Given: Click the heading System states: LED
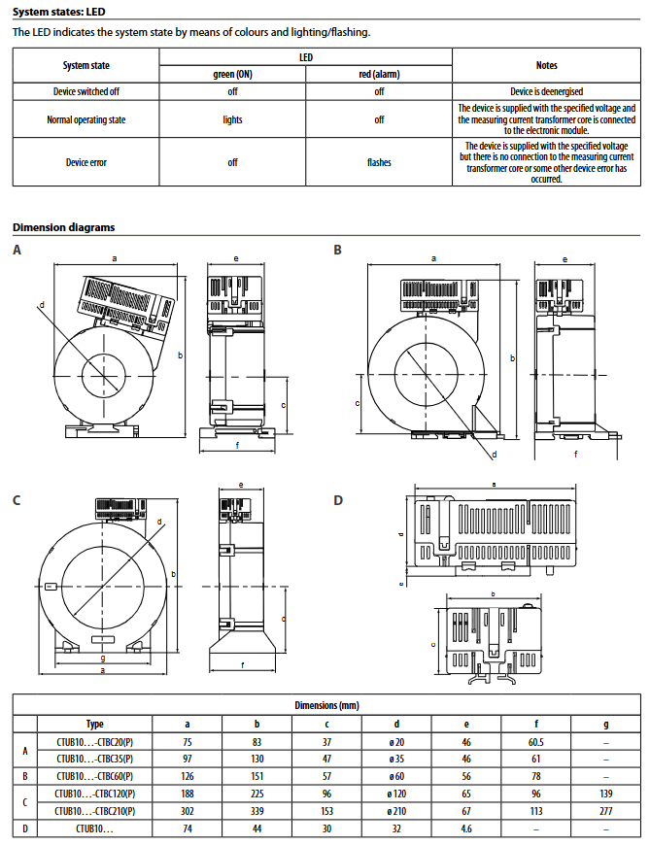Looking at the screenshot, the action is click(x=58, y=12).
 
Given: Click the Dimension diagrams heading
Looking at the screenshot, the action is click(x=63, y=227).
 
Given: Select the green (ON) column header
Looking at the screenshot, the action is click(x=232, y=75).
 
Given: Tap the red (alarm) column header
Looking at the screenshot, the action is click(x=379, y=75).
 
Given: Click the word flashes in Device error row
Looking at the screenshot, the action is click(x=379, y=162).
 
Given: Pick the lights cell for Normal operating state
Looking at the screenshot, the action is click(x=232, y=119).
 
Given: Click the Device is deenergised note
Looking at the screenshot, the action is click(x=546, y=91).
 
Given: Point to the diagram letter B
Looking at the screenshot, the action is click(x=337, y=250).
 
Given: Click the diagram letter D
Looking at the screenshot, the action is click(x=338, y=500).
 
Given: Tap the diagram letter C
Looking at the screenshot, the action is click(x=17, y=500).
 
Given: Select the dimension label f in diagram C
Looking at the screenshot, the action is click(x=242, y=665).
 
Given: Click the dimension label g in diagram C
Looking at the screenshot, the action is click(x=103, y=658).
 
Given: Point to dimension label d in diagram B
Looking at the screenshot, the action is click(x=495, y=455).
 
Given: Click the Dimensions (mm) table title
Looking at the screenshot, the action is click(x=326, y=705).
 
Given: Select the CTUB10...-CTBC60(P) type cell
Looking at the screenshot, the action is click(x=95, y=777).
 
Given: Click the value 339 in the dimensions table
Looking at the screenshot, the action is click(x=257, y=812).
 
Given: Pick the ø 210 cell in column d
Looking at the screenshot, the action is click(x=396, y=812).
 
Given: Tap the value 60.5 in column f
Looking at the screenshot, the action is click(x=535, y=743).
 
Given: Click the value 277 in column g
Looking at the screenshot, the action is click(x=606, y=812).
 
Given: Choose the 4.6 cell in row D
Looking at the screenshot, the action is click(x=466, y=828).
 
